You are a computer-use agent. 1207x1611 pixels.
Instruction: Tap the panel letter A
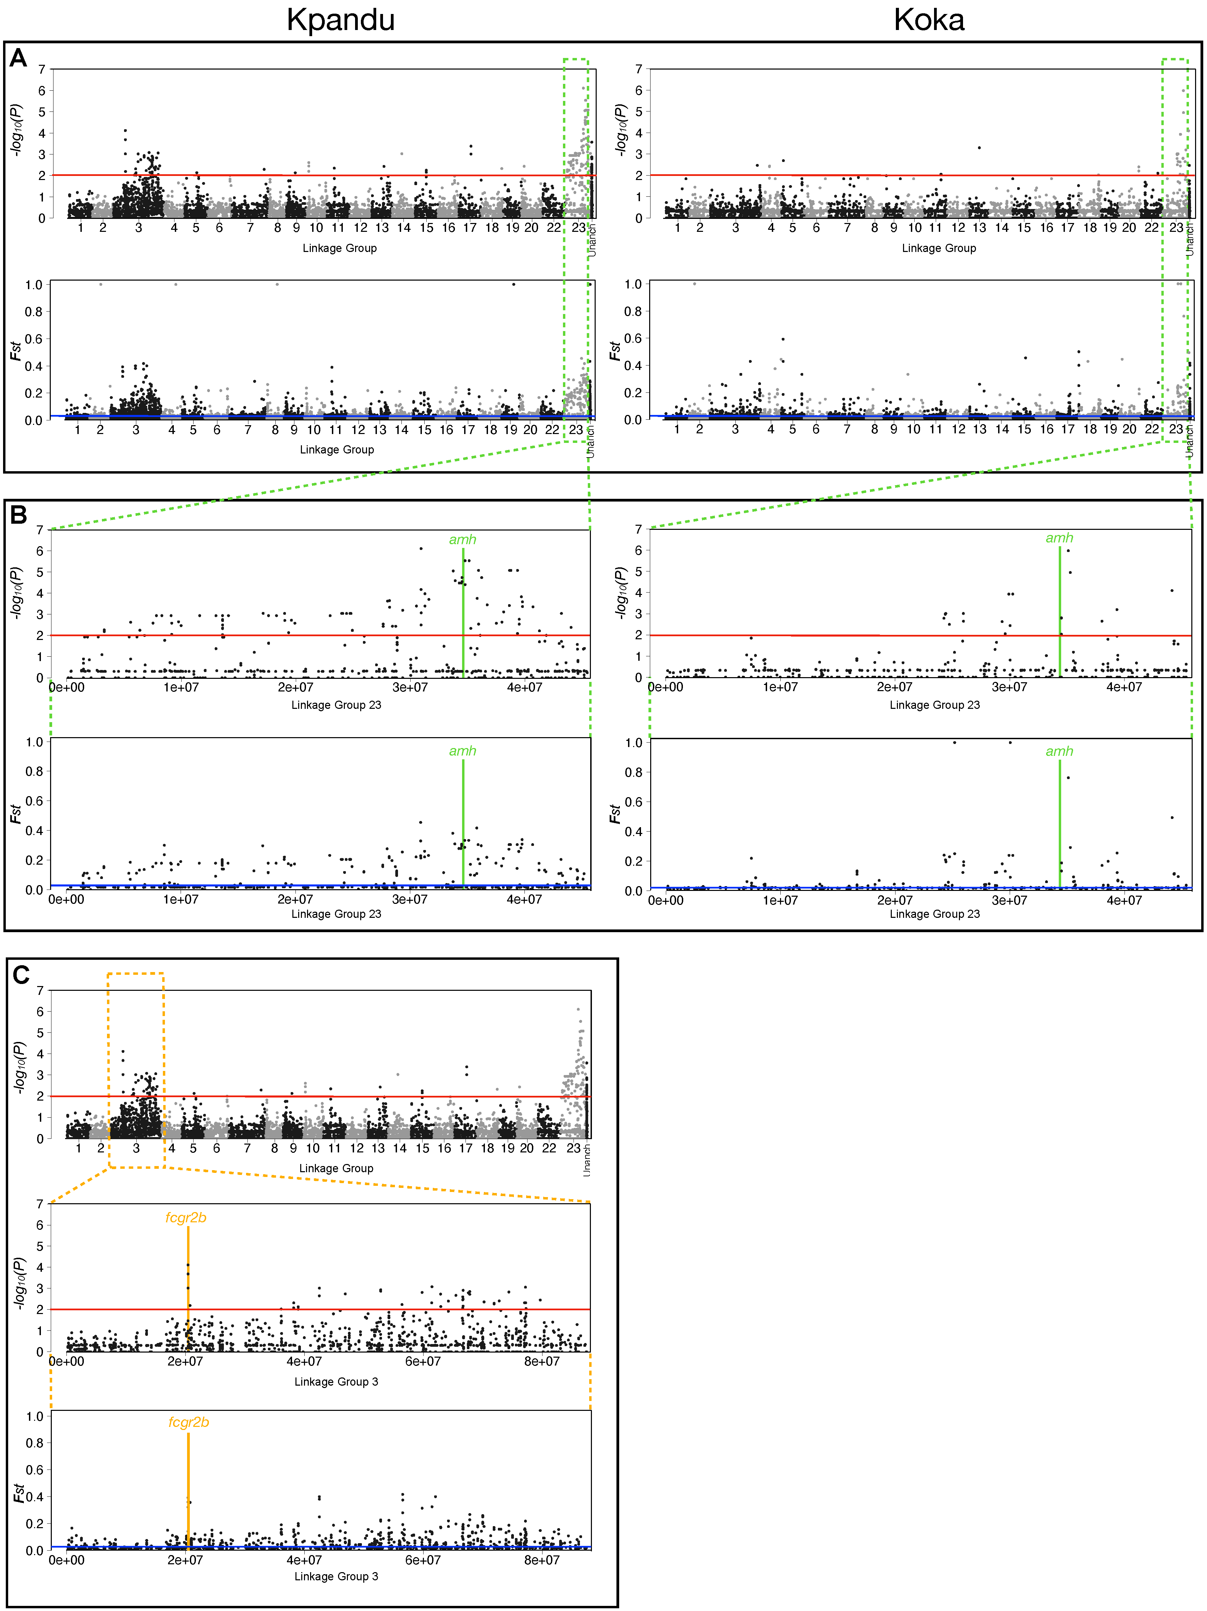point(18,58)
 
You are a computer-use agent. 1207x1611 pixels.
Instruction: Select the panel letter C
point(21,974)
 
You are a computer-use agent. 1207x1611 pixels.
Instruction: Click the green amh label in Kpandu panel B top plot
point(462,540)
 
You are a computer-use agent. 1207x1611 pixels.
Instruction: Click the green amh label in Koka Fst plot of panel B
point(1059,751)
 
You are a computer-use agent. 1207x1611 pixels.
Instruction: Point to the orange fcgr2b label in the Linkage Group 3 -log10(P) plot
point(186,1218)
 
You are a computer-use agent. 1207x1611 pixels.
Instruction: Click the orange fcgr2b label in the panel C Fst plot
point(188,1422)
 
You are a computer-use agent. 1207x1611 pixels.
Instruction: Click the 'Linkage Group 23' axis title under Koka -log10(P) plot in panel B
point(935,705)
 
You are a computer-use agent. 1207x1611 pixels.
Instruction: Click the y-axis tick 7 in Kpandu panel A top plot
point(42,69)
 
